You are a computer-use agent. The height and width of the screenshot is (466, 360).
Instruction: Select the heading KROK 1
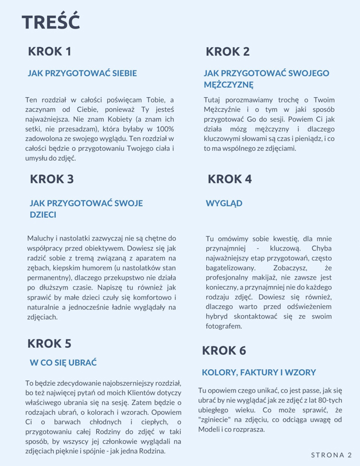[x=50, y=51]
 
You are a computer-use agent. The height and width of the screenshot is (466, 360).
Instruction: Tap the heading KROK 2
[x=228, y=52]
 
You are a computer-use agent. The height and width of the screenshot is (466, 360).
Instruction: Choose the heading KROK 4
[x=230, y=179]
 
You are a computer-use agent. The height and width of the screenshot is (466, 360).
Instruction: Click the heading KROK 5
[x=50, y=343]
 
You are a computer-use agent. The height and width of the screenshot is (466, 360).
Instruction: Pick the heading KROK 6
[x=224, y=351]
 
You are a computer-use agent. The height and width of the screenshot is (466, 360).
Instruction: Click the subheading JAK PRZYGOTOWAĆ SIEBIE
[x=82, y=74]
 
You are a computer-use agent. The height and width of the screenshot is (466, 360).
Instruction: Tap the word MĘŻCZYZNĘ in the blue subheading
[x=228, y=85]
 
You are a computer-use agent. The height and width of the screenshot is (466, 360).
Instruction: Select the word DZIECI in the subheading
[x=43, y=215]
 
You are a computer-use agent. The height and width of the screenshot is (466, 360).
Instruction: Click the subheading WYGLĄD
[x=224, y=204]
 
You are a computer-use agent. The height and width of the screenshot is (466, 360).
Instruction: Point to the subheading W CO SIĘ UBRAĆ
[x=63, y=363]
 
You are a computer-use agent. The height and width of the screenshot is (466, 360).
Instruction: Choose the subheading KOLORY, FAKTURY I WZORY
[x=259, y=372]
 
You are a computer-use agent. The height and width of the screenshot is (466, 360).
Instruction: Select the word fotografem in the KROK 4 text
[x=223, y=326]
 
